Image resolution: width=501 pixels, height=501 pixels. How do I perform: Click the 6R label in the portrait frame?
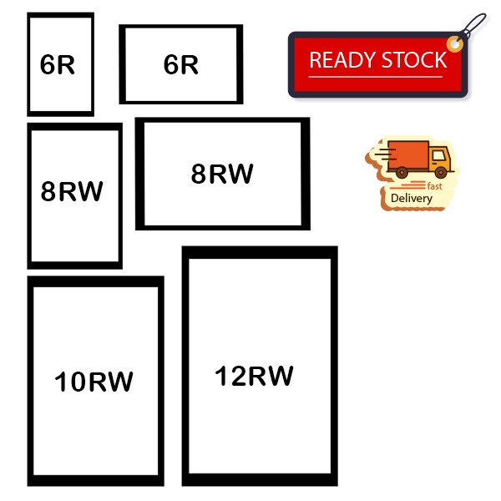[x=58, y=66]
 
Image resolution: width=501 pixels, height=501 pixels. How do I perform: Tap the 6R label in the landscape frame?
[x=180, y=65]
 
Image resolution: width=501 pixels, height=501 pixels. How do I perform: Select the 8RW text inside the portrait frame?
[x=72, y=191]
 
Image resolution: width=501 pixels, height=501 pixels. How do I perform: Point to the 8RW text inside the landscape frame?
[x=221, y=175]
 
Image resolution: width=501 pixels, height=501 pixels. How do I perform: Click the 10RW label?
[x=94, y=382]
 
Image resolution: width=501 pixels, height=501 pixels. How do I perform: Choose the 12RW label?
[x=254, y=376]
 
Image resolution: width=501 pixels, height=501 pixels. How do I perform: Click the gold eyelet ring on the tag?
[x=454, y=42]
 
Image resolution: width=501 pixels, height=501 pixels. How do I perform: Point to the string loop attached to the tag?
[x=473, y=25]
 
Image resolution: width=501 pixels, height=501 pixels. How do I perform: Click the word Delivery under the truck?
[x=412, y=199]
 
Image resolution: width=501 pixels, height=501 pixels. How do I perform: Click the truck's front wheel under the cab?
[x=438, y=173]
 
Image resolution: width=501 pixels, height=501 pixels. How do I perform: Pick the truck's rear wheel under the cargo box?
[x=402, y=173]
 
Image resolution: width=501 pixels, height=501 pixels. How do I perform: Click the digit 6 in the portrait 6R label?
[x=48, y=66]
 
